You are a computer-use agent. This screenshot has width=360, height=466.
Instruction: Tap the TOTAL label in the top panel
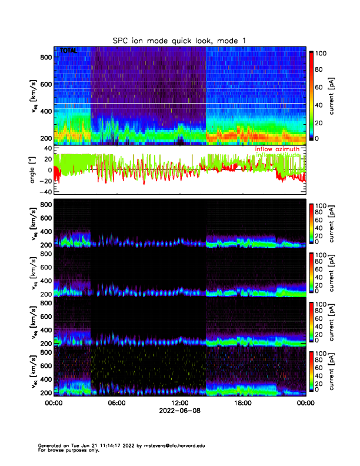tap(69, 51)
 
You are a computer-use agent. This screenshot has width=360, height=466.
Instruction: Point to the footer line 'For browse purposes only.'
tap(68, 450)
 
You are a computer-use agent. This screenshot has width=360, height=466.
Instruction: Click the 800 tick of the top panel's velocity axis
tap(45, 57)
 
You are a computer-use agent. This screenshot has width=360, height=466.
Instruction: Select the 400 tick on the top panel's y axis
tap(45, 111)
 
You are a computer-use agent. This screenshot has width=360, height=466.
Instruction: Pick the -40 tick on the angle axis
tap(43, 192)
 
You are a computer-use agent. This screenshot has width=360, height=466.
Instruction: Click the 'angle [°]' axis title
tap(34, 170)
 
